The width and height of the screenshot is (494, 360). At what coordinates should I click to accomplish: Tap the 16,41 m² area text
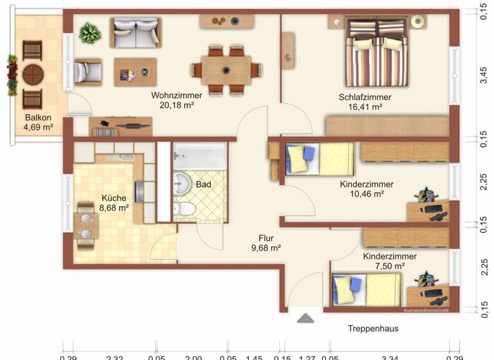point(365,107)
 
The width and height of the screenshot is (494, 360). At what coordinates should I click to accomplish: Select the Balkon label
point(38,118)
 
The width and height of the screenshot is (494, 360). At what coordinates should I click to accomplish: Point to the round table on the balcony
point(33,75)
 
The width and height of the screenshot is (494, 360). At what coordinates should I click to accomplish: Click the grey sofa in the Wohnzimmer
point(135,32)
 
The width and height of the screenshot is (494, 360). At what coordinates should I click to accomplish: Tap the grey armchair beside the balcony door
point(87,71)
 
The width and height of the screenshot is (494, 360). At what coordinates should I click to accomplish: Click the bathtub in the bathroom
point(199,156)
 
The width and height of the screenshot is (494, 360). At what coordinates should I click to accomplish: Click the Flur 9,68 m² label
point(266,242)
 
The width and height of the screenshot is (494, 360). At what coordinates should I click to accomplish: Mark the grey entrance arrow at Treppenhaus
point(305,318)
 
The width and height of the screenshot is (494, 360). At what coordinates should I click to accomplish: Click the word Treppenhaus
point(372,328)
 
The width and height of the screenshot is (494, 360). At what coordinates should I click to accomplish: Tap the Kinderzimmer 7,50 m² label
point(389,260)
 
